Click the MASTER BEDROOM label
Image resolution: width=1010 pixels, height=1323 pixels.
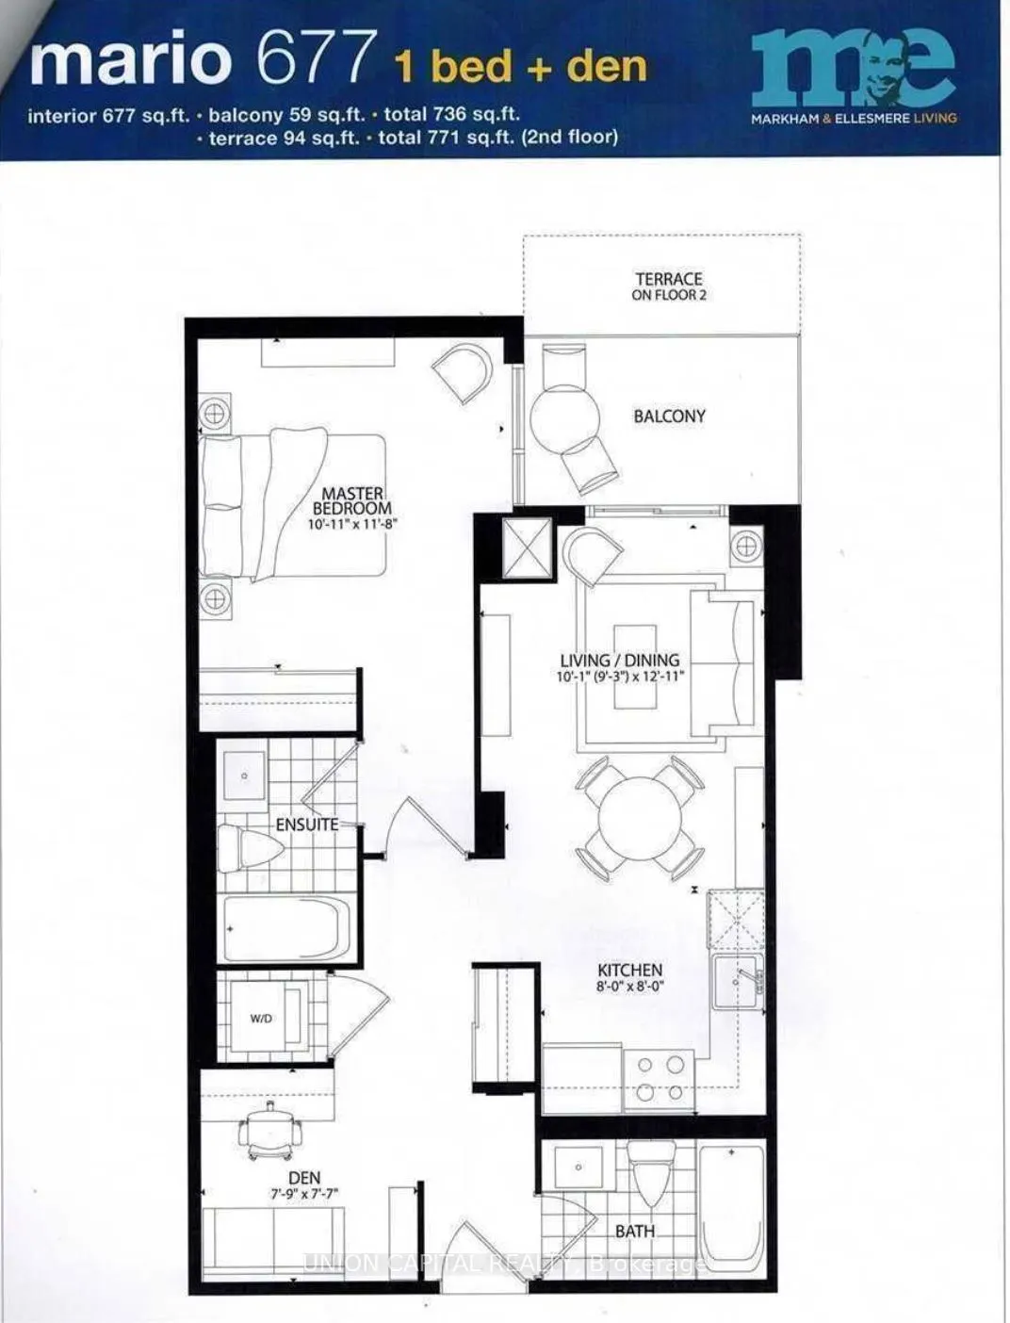click(352, 500)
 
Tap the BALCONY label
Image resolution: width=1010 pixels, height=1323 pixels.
click(669, 416)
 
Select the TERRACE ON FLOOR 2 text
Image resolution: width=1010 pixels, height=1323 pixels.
click(668, 286)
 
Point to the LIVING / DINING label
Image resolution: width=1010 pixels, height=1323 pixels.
click(619, 661)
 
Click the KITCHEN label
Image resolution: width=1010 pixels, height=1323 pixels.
click(629, 970)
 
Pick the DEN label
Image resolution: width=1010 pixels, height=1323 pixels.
click(304, 1178)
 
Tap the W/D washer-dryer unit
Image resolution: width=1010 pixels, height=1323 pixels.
click(263, 1019)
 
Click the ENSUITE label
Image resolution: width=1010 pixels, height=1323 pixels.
click(306, 825)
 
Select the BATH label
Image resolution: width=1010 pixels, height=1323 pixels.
click(634, 1231)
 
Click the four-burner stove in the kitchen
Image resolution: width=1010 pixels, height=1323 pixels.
click(660, 1079)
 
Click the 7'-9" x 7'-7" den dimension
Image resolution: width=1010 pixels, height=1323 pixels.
click(304, 1194)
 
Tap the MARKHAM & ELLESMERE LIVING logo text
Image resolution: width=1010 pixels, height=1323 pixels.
click(854, 119)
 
